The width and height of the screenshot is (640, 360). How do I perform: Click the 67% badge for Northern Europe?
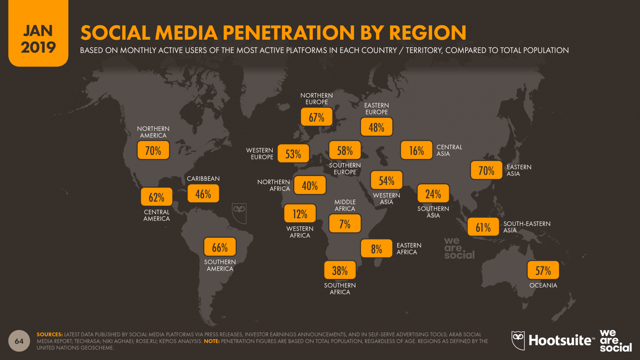coord(317,117)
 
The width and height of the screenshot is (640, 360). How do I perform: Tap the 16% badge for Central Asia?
coord(416,150)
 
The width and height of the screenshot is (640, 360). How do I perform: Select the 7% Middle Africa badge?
coord(345,224)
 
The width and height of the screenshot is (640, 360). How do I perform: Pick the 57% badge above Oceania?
coord(543,270)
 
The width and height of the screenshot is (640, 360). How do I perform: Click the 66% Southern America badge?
coord(219,247)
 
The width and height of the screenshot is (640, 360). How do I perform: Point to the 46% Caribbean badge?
coord(203,194)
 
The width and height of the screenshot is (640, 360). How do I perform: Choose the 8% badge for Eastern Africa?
coord(376,249)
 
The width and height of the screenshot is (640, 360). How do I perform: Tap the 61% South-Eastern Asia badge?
coord(483,227)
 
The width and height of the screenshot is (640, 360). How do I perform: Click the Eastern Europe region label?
coord(376,109)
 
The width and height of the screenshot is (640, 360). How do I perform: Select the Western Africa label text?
coord(300,232)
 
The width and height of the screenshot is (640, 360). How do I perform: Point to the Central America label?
coord(156,215)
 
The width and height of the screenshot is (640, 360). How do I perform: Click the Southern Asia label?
coord(433,212)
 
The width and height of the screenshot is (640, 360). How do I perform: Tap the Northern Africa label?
coord(274,185)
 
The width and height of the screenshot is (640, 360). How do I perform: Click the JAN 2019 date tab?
coord(38,38)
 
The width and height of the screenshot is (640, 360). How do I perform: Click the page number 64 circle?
coord(19,341)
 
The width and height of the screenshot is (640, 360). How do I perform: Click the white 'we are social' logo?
coord(615,341)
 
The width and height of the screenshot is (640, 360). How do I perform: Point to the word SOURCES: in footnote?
coord(49,334)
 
